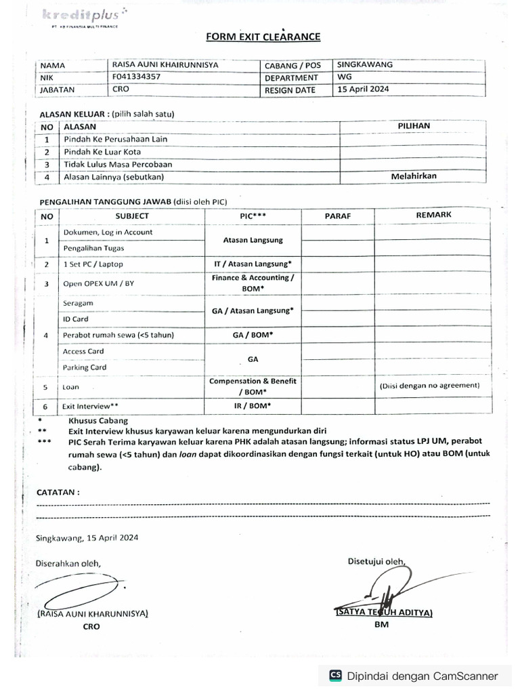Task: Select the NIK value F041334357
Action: pyautogui.click(x=137, y=77)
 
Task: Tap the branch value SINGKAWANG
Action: pyautogui.click(x=364, y=64)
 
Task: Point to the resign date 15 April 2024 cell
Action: pyautogui.click(x=363, y=89)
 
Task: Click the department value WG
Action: pyautogui.click(x=345, y=77)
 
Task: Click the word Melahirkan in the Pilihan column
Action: pyautogui.click(x=414, y=176)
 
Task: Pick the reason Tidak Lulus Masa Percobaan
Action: pyautogui.click(x=118, y=164)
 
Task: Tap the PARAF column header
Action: pyautogui.click(x=337, y=216)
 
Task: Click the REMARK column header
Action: pyautogui.click(x=433, y=215)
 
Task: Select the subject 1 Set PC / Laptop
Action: pyautogui.click(x=93, y=264)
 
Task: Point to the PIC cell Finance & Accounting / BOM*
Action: pyautogui.click(x=253, y=283)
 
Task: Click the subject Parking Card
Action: pyautogui.click(x=85, y=367)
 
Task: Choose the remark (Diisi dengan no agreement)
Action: pyautogui.click(x=429, y=385)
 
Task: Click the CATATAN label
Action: pyautogui.click(x=58, y=492)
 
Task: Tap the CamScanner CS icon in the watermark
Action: pyautogui.click(x=335, y=676)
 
